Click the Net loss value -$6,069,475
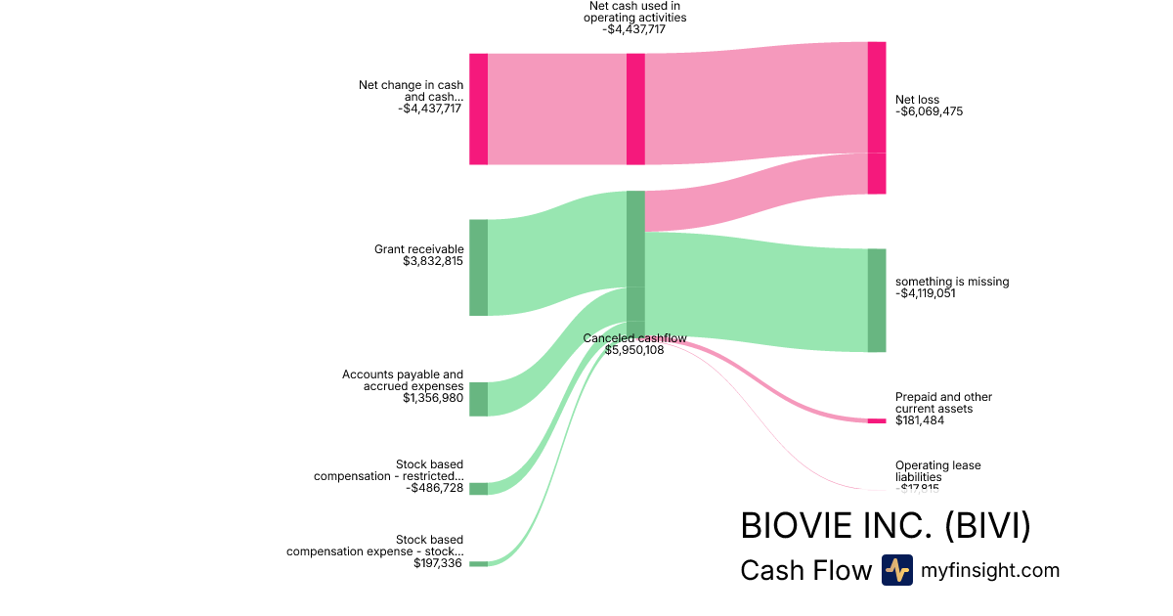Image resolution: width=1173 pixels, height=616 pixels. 930,111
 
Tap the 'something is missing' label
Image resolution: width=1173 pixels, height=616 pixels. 951,282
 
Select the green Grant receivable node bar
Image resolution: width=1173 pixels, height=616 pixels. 478,267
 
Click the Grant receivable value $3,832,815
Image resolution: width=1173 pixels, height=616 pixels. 433,262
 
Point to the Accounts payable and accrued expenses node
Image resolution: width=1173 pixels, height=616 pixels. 478,399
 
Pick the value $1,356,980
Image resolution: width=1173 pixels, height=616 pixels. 433,398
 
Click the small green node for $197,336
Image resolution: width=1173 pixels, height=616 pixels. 478,564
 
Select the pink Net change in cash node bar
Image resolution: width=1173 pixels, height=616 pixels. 478,109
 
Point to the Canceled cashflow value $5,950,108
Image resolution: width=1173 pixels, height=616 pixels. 634,350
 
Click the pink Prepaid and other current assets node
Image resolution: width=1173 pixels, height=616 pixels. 877,420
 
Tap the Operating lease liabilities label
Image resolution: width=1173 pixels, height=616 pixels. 937,471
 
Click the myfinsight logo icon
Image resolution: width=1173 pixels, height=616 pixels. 896,570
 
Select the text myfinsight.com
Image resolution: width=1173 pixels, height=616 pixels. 990,570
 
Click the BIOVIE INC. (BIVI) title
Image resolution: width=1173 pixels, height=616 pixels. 886,526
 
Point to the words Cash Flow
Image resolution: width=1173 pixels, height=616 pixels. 805,570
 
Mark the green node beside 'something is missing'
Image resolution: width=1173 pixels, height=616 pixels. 877,300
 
